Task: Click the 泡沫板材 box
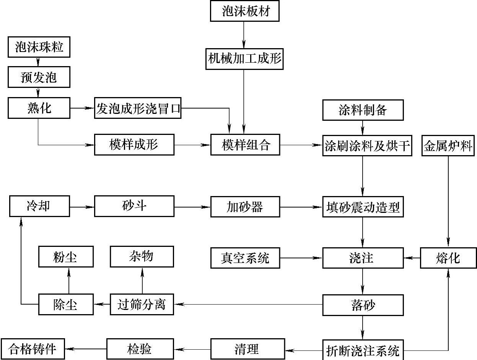[245, 11]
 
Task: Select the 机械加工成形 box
[244, 59]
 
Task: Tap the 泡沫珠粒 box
[39, 48]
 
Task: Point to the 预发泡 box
[39, 78]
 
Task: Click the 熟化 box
[39, 108]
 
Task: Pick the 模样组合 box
[245, 145]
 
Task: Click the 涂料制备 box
[363, 110]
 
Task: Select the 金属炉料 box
[448, 146]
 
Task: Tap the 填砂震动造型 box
[363, 207]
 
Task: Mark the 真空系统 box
[245, 258]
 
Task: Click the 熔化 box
[448, 258]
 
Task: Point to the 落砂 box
[363, 305]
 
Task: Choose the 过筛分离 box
[142, 305]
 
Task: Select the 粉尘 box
[66, 257]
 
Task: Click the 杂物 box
[142, 257]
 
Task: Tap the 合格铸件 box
[33, 349]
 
